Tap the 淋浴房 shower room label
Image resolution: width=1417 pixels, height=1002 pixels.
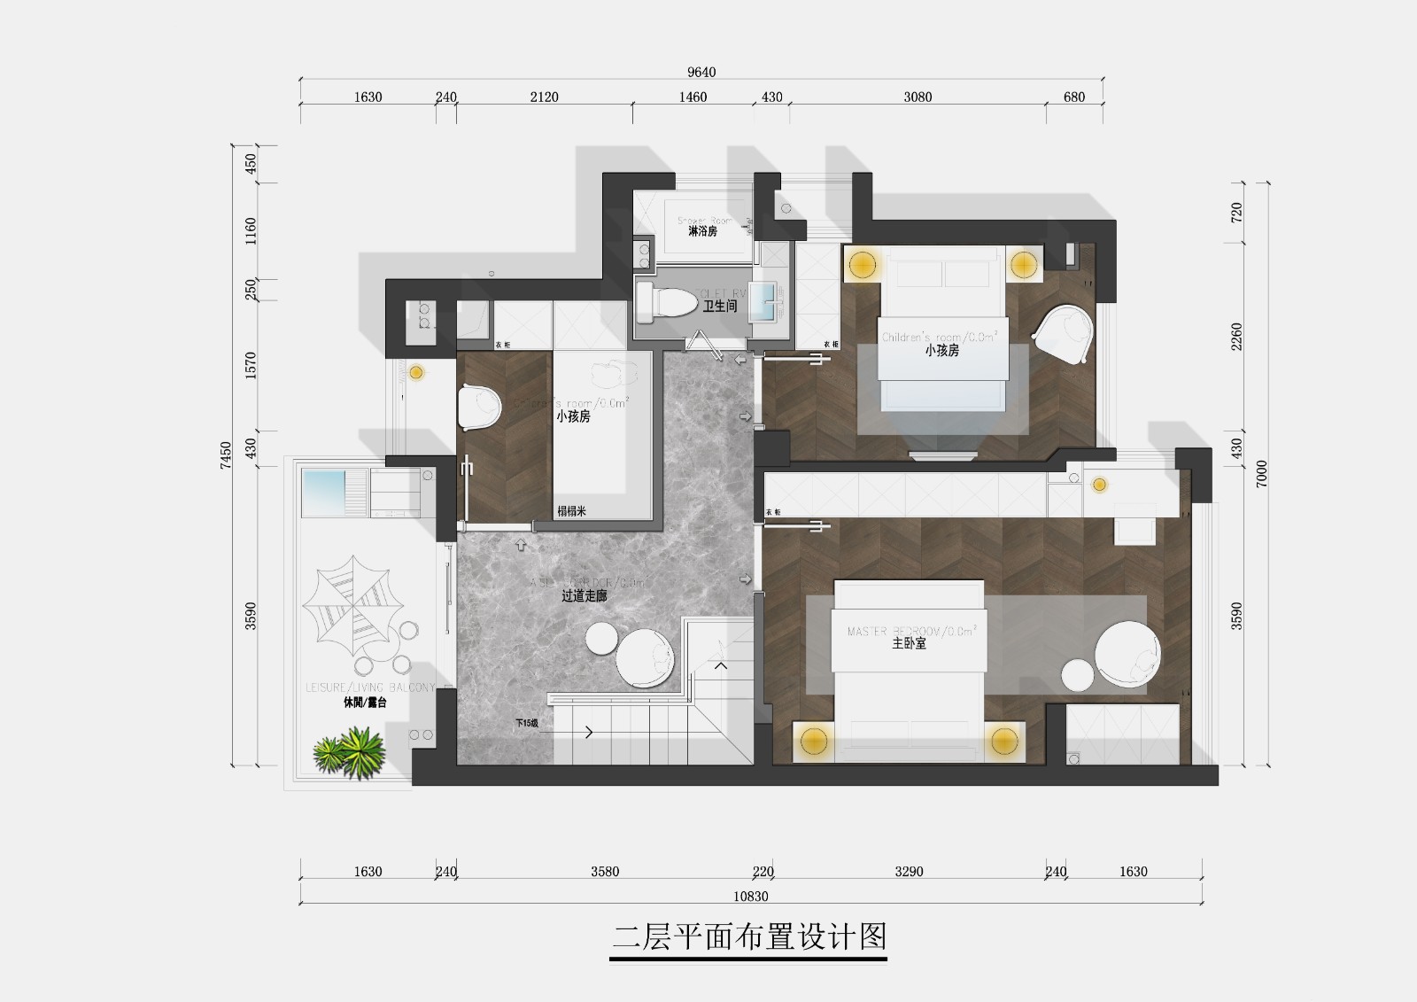click(702, 231)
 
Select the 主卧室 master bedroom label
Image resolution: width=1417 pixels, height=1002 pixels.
click(909, 644)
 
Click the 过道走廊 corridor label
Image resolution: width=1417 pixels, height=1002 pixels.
click(584, 596)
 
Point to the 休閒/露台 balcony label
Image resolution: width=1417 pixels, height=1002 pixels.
click(365, 703)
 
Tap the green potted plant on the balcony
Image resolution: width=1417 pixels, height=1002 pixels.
click(350, 752)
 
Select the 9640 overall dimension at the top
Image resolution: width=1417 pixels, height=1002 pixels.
click(701, 72)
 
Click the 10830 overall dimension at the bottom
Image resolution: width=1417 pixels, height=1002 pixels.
click(750, 897)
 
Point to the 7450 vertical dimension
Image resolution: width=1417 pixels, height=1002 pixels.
click(226, 454)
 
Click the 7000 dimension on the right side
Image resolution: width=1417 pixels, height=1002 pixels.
click(1261, 473)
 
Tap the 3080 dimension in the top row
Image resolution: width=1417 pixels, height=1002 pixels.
click(918, 97)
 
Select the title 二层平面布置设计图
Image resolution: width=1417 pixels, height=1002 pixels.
click(749, 937)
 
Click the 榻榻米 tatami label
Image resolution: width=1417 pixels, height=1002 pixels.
click(571, 511)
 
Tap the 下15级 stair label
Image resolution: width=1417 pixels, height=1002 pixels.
click(527, 723)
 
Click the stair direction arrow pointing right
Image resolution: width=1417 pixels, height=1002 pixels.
click(588, 732)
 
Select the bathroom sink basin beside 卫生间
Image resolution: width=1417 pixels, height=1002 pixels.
click(763, 301)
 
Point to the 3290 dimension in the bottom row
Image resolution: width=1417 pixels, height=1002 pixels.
click(909, 872)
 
